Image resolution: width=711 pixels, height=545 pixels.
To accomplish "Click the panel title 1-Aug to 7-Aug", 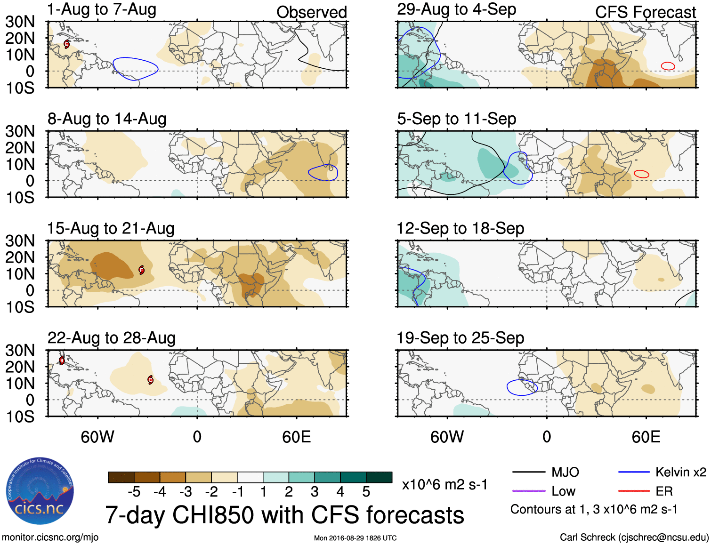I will tap(102, 9).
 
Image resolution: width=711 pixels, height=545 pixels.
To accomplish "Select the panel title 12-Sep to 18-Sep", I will tap(460, 229).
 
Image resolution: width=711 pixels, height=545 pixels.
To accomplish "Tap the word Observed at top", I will tap(311, 12).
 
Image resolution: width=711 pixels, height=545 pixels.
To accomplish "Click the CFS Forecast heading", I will tap(645, 12).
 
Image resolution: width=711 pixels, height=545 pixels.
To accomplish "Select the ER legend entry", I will tap(664, 491).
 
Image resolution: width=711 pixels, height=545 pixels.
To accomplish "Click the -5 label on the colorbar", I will tap(134, 492).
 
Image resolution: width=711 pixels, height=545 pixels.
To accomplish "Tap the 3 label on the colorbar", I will tap(315, 492).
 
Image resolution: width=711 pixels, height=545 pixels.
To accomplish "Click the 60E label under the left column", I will tap(296, 437).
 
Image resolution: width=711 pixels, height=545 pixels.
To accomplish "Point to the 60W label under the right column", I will tap(447, 437).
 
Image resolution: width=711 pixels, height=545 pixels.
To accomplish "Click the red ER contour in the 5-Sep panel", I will tap(641, 174).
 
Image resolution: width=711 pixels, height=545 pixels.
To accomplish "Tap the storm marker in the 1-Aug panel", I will tap(66, 44).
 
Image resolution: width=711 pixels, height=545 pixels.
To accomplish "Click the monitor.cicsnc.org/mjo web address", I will tap(50, 537).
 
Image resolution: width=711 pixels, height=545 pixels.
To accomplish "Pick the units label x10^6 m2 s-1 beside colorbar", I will tap(444, 485).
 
